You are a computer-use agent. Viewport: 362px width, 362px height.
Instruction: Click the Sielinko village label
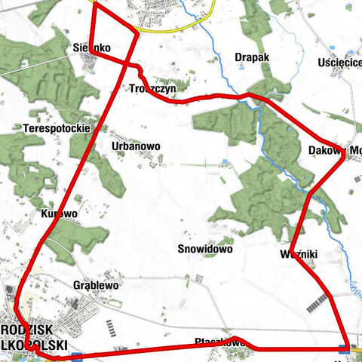[x=92, y=48]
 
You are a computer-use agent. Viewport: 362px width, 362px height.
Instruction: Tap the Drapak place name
[x=251, y=57]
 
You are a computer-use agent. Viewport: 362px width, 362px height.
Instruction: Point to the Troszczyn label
[x=153, y=88]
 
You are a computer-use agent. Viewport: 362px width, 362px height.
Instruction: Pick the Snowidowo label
[x=204, y=248]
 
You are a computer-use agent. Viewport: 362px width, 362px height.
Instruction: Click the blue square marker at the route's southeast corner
[x=344, y=348]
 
